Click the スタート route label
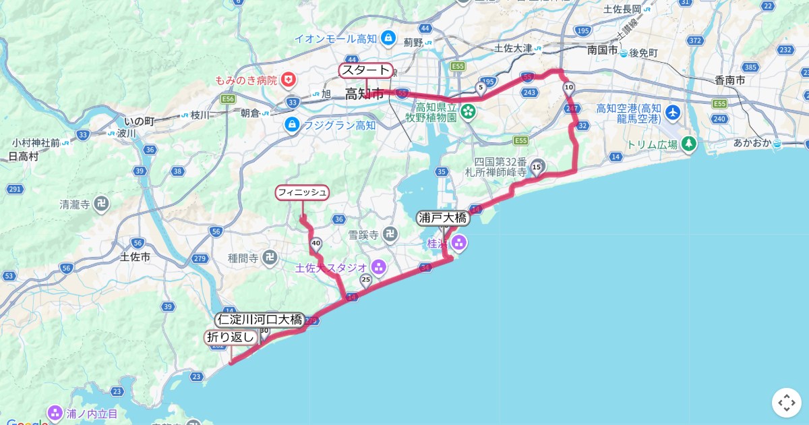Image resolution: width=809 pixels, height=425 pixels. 365,70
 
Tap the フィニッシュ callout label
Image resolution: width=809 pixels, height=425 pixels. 302,193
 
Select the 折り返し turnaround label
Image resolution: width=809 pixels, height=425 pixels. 231,337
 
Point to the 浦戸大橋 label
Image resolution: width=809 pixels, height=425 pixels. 442,217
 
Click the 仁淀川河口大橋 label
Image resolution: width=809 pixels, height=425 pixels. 260,320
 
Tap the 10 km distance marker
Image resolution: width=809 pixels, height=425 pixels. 569,87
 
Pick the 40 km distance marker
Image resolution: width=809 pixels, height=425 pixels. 316,243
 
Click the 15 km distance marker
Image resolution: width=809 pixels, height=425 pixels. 537,167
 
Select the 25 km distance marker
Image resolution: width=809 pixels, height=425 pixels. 366,279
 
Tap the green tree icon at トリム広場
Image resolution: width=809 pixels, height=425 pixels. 688,144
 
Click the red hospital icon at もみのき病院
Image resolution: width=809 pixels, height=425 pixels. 289,80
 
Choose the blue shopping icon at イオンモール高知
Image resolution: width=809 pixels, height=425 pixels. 388,38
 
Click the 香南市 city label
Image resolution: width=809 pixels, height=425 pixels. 729,80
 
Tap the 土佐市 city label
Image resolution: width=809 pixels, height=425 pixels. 135,256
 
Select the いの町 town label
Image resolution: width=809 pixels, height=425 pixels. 140,121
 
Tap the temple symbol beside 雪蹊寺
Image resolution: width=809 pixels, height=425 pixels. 390,235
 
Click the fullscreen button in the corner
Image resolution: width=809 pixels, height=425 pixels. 787,403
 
